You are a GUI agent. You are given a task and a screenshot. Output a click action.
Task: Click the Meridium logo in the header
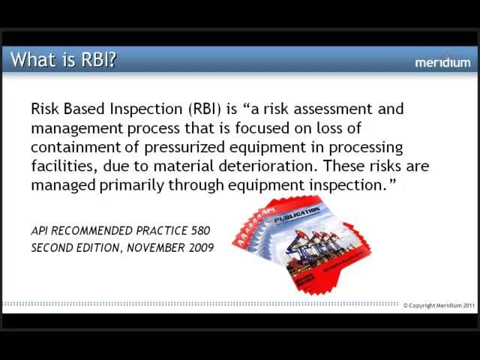[x=442, y=62]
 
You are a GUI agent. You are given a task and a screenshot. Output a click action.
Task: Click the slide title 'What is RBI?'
[x=64, y=60]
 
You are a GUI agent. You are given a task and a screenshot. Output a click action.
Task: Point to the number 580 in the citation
[x=199, y=231]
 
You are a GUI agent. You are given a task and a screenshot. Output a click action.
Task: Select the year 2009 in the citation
[x=200, y=247]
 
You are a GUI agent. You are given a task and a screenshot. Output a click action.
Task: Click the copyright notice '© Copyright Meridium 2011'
[x=439, y=306]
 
